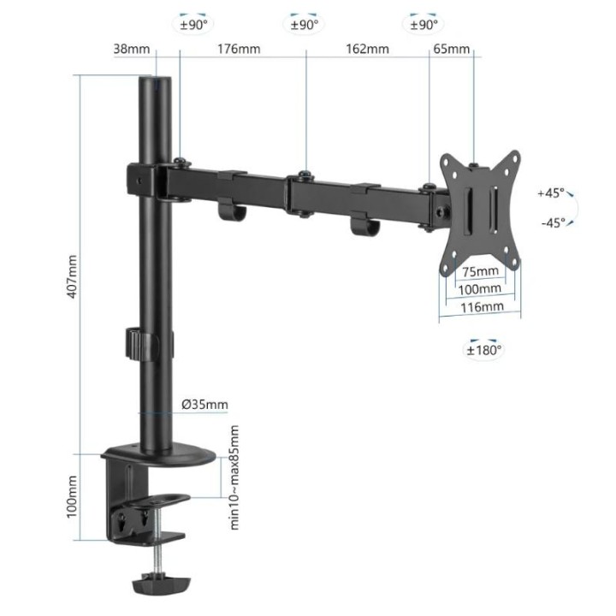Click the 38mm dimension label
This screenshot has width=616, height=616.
tap(131, 49)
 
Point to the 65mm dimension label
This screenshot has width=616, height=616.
tap(452, 49)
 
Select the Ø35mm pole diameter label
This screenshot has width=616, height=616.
tap(205, 405)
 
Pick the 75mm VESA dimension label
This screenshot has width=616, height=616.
tap(479, 272)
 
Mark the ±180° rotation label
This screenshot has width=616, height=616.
tap(484, 349)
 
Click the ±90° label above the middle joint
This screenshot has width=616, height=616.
tap(305, 25)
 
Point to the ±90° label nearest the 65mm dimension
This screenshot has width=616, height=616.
tap(423, 25)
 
